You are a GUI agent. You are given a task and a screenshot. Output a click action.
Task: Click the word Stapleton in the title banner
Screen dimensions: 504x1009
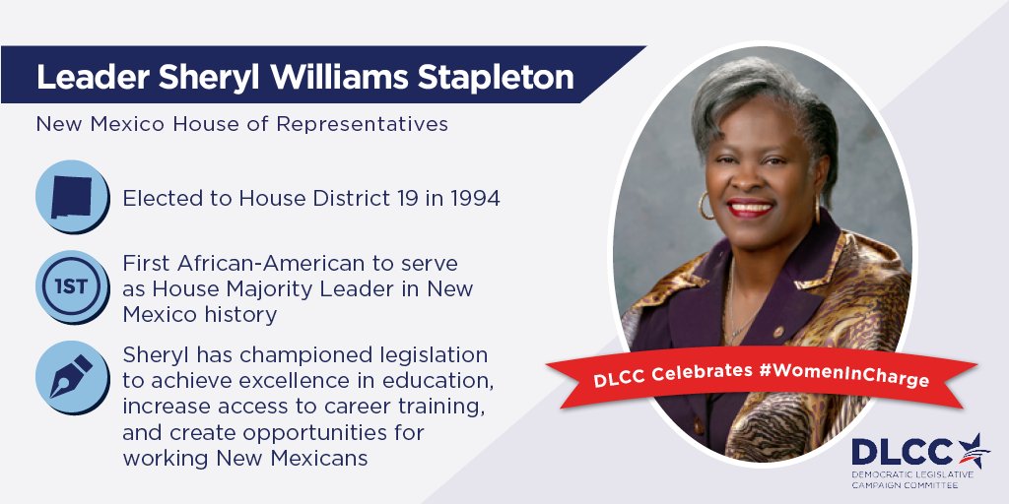[x=502, y=77]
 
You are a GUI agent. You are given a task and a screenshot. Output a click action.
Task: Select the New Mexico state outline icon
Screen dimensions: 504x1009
[x=71, y=196]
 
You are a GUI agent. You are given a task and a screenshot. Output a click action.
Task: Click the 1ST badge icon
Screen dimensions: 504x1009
[x=71, y=287]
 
